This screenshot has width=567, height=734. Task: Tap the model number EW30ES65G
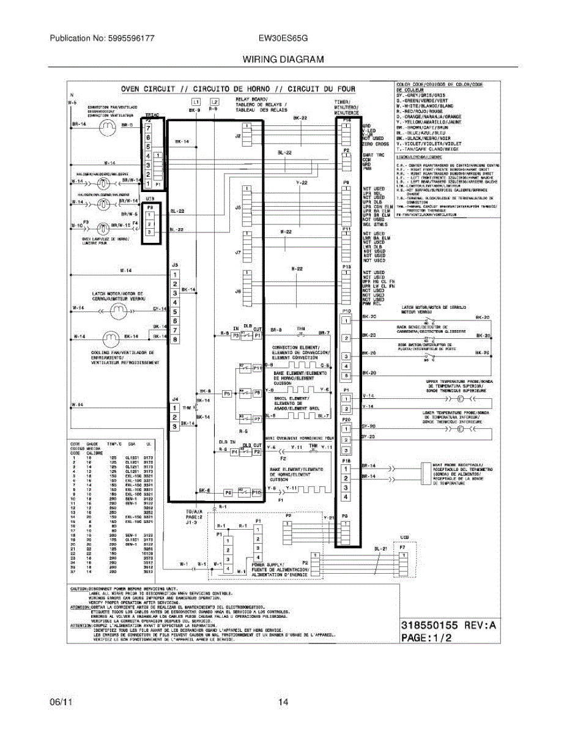283,38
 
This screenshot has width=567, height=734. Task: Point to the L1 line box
196,102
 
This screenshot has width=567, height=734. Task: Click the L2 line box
213,102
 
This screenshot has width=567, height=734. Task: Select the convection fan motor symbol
107,126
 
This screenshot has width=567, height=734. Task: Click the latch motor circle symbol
117,311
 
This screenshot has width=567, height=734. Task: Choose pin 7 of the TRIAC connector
148,129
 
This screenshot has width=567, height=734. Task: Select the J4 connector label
175,398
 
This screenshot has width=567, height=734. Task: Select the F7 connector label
402,546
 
